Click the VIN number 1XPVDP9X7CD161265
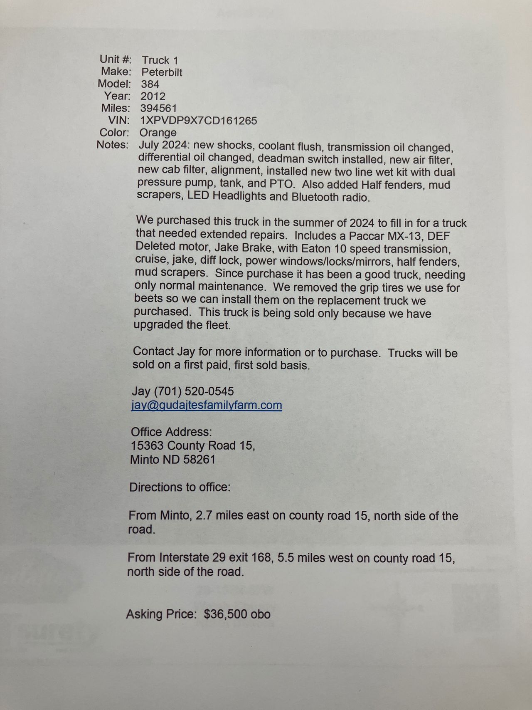(199, 121)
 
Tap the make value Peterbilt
(162, 72)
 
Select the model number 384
(150, 84)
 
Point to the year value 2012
(153, 96)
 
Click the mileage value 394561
(158, 109)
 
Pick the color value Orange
(158, 133)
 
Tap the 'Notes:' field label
(112, 145)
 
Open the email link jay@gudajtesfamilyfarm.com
(207, 405)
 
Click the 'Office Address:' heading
(171, 432)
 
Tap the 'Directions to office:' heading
(180, 487)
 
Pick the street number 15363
(147, 446)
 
